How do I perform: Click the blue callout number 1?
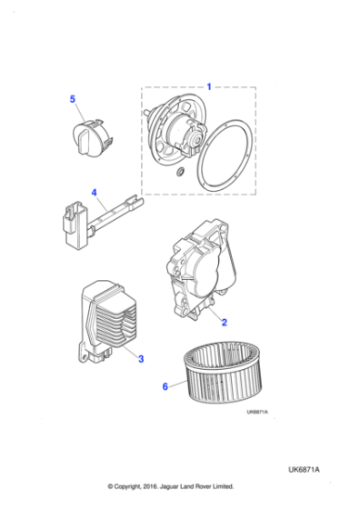208,86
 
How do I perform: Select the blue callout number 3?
141,360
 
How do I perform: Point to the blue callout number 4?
94,193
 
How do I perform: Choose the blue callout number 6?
165,386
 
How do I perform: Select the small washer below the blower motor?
180,173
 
